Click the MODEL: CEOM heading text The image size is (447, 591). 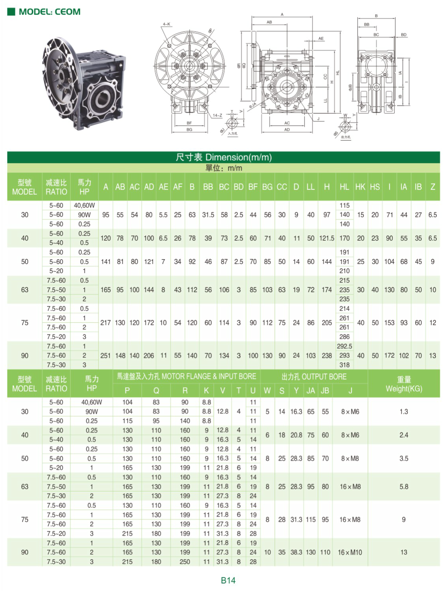click(x=49, y=12)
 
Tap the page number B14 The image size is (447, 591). click(x=228, y=580)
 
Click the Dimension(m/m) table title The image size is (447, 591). click(x=224, y=157)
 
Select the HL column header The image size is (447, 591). click(x=344, y=187)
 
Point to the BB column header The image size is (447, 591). click(x=208, y=187)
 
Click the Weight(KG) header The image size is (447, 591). click(x=404, y=384)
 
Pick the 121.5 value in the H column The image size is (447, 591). click(x=327, y=238)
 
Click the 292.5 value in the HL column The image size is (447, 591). click(x=344, y=346)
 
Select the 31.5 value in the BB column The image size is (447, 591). click(x=208, y=215)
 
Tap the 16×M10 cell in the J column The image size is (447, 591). click(x=350, y=552)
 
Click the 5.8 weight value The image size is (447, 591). click(x=404, y=486)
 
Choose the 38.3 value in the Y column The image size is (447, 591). click(x=296, y=552)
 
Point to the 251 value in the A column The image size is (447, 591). click(x=105, y=356)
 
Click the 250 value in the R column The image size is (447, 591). click(x=185, y=562)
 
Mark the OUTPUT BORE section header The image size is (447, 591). click(x=314, y=377)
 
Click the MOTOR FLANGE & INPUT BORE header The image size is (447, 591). click(x=186, y=377)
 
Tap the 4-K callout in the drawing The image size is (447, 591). click(x=166, y=24)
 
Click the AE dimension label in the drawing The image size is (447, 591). click(x=321, y=38)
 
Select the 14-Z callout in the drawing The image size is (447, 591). click(x=217, y=115)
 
